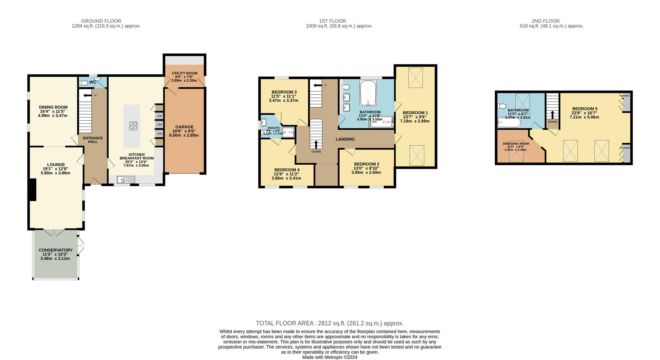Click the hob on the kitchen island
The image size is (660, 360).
pos(133,126)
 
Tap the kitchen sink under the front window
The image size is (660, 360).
pos(126,179)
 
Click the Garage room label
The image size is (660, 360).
pos(184,127)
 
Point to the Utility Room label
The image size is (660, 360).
pos(185,73)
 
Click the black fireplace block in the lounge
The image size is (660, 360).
pos(33,189)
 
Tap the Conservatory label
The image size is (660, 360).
pos(55,250)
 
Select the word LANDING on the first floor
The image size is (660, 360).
pos(345,139)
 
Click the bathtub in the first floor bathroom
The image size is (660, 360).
pos(368,93)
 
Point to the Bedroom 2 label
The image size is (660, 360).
pos(366,164)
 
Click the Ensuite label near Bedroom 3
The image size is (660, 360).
pos(274,128)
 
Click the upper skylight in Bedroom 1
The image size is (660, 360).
pos(416,78)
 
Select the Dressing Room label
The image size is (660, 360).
pos(516,144)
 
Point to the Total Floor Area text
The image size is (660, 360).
pos(329,323)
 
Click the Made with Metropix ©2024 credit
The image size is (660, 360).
pos(329,357)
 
